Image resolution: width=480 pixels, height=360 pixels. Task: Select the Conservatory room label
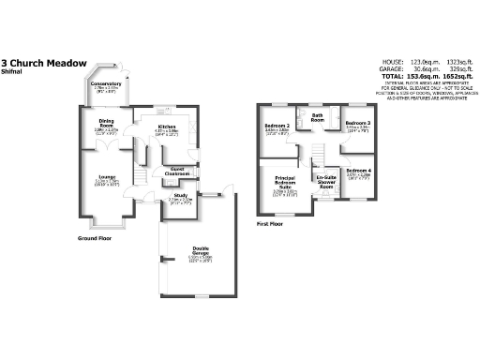pos(106,83)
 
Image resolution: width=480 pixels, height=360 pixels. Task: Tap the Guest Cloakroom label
pos(179,171)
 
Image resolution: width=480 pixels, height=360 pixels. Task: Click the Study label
pos(179,195)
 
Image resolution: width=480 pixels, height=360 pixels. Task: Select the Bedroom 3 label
pos(357,124)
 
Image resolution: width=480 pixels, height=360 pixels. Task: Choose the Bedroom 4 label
pos(358,170)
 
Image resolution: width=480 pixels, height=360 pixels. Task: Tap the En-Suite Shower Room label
pos(325,181)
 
